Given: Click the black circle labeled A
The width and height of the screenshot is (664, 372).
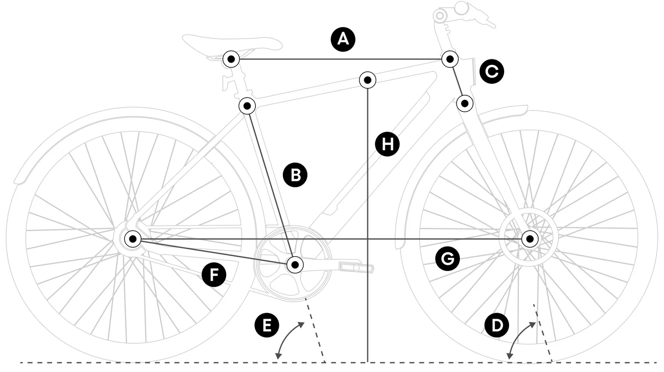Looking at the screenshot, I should point(343,39).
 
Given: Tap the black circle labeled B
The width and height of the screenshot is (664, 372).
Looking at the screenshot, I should point(295,175).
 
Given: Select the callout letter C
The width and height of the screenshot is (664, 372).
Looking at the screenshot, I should point(492,71).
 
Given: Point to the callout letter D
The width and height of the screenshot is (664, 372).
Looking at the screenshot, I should point(497,325).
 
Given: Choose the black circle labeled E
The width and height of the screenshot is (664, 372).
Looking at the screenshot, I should point(266,325).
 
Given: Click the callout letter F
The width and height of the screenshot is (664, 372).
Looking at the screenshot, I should point(214,274).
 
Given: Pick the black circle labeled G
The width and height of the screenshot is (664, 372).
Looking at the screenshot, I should point(448,258).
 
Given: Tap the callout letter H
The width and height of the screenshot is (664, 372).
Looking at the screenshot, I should point(387,144).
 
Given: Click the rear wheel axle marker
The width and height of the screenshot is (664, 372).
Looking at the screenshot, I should point(132,239).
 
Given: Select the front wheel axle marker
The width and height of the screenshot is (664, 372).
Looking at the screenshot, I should point(530,239).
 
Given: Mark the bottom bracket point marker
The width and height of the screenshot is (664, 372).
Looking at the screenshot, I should point(295,265).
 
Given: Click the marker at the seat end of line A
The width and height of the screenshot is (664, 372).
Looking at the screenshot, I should point(231,59).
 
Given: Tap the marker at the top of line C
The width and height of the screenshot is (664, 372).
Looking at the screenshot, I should point(450,59).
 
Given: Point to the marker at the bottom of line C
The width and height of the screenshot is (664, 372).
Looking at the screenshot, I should point(465,104).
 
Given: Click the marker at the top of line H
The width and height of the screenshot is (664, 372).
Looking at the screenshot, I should point(367,81).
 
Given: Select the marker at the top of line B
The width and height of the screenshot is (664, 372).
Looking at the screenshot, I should point(247,106).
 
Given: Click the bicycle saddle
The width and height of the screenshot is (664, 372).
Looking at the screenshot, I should point(232,43).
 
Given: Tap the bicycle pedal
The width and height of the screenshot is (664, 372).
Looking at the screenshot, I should point(356,267).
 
